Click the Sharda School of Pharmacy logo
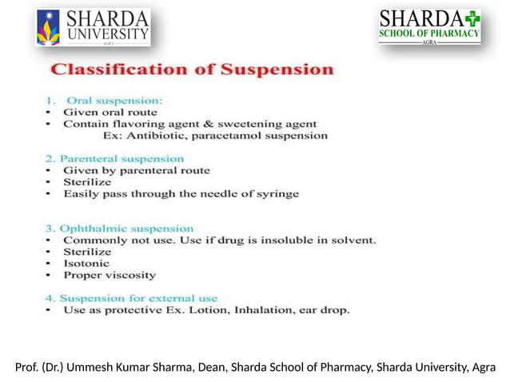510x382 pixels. coord(429,26)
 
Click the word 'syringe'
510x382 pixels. coord(277,193)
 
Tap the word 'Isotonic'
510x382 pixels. coord(86,263)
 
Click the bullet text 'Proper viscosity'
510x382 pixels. coord(110,275)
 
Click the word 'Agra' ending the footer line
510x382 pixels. coord(484,368)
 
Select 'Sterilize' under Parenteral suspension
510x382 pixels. coord(87,182)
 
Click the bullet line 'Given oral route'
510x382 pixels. coord(110,113)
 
